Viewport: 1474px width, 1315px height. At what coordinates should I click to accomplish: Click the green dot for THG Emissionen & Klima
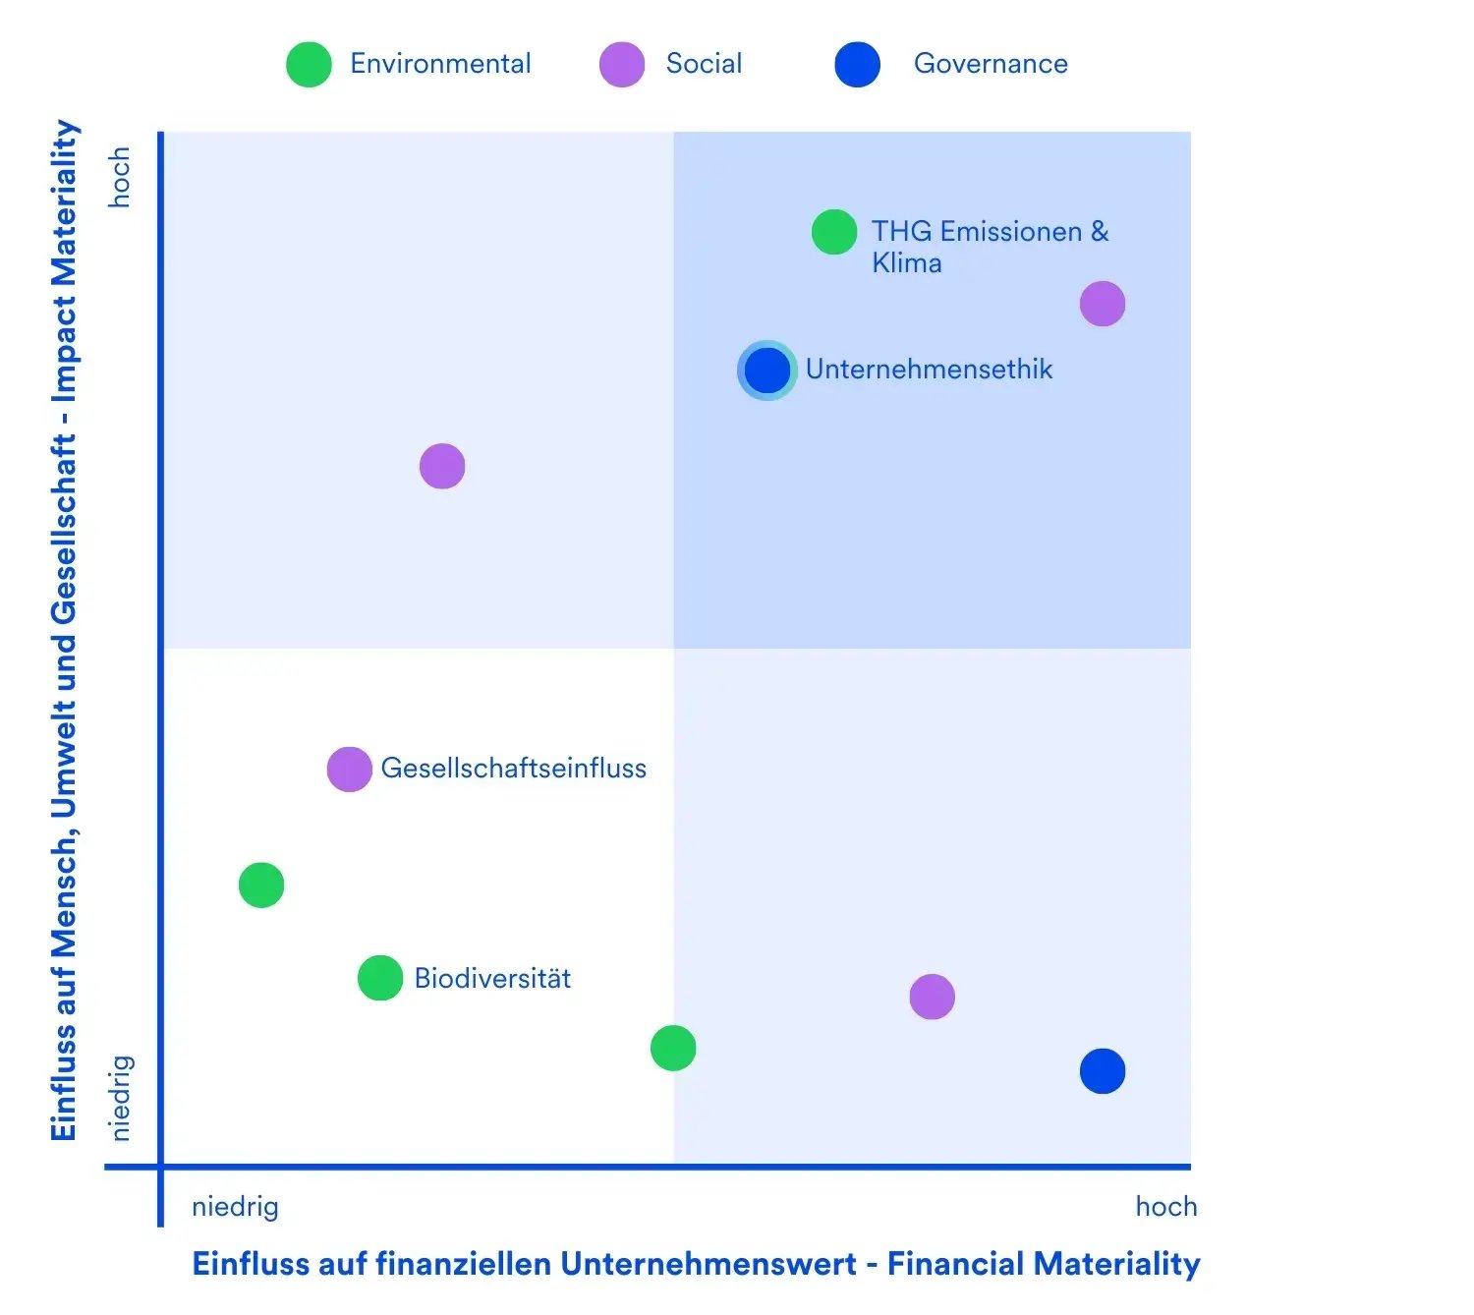coord(834,232)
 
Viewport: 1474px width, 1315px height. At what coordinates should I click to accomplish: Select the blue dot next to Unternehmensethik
coord(767,371)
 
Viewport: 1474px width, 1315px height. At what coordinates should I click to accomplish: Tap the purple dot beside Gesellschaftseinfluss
coord(349,770)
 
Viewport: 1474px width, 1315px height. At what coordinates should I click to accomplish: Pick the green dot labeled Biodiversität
coord(380,978)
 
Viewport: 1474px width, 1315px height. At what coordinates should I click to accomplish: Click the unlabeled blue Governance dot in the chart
coord(1103,1071)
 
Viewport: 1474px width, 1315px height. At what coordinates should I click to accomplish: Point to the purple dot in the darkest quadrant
coord(1103,304)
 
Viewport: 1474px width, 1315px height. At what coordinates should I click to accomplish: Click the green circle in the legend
coord(309,65)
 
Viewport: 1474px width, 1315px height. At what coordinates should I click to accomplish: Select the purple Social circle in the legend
coord(622,65)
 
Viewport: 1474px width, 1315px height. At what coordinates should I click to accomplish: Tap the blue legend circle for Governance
coord(857,65)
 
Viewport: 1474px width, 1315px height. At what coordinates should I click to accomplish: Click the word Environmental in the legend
coord(440,64)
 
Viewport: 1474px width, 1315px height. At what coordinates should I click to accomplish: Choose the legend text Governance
coord(991,64)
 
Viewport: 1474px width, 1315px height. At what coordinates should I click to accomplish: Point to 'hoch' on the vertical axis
coord(119,178)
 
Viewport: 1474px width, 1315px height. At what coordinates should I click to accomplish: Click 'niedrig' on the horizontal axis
coord(235,1207)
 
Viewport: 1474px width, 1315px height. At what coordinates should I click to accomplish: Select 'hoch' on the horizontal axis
coord(1166,1207)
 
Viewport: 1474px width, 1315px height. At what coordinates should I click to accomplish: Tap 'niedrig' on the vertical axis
coord(119,1098)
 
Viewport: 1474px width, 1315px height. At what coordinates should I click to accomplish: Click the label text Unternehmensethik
coord(929,370)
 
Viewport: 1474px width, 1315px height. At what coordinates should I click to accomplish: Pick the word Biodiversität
coord(492,979)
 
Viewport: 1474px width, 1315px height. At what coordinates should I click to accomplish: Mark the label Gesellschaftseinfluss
coord(514,769)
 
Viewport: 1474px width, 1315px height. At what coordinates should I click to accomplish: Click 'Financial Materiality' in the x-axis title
coord(1044,1264)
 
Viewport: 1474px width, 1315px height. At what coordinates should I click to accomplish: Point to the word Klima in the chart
coord(906,263)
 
